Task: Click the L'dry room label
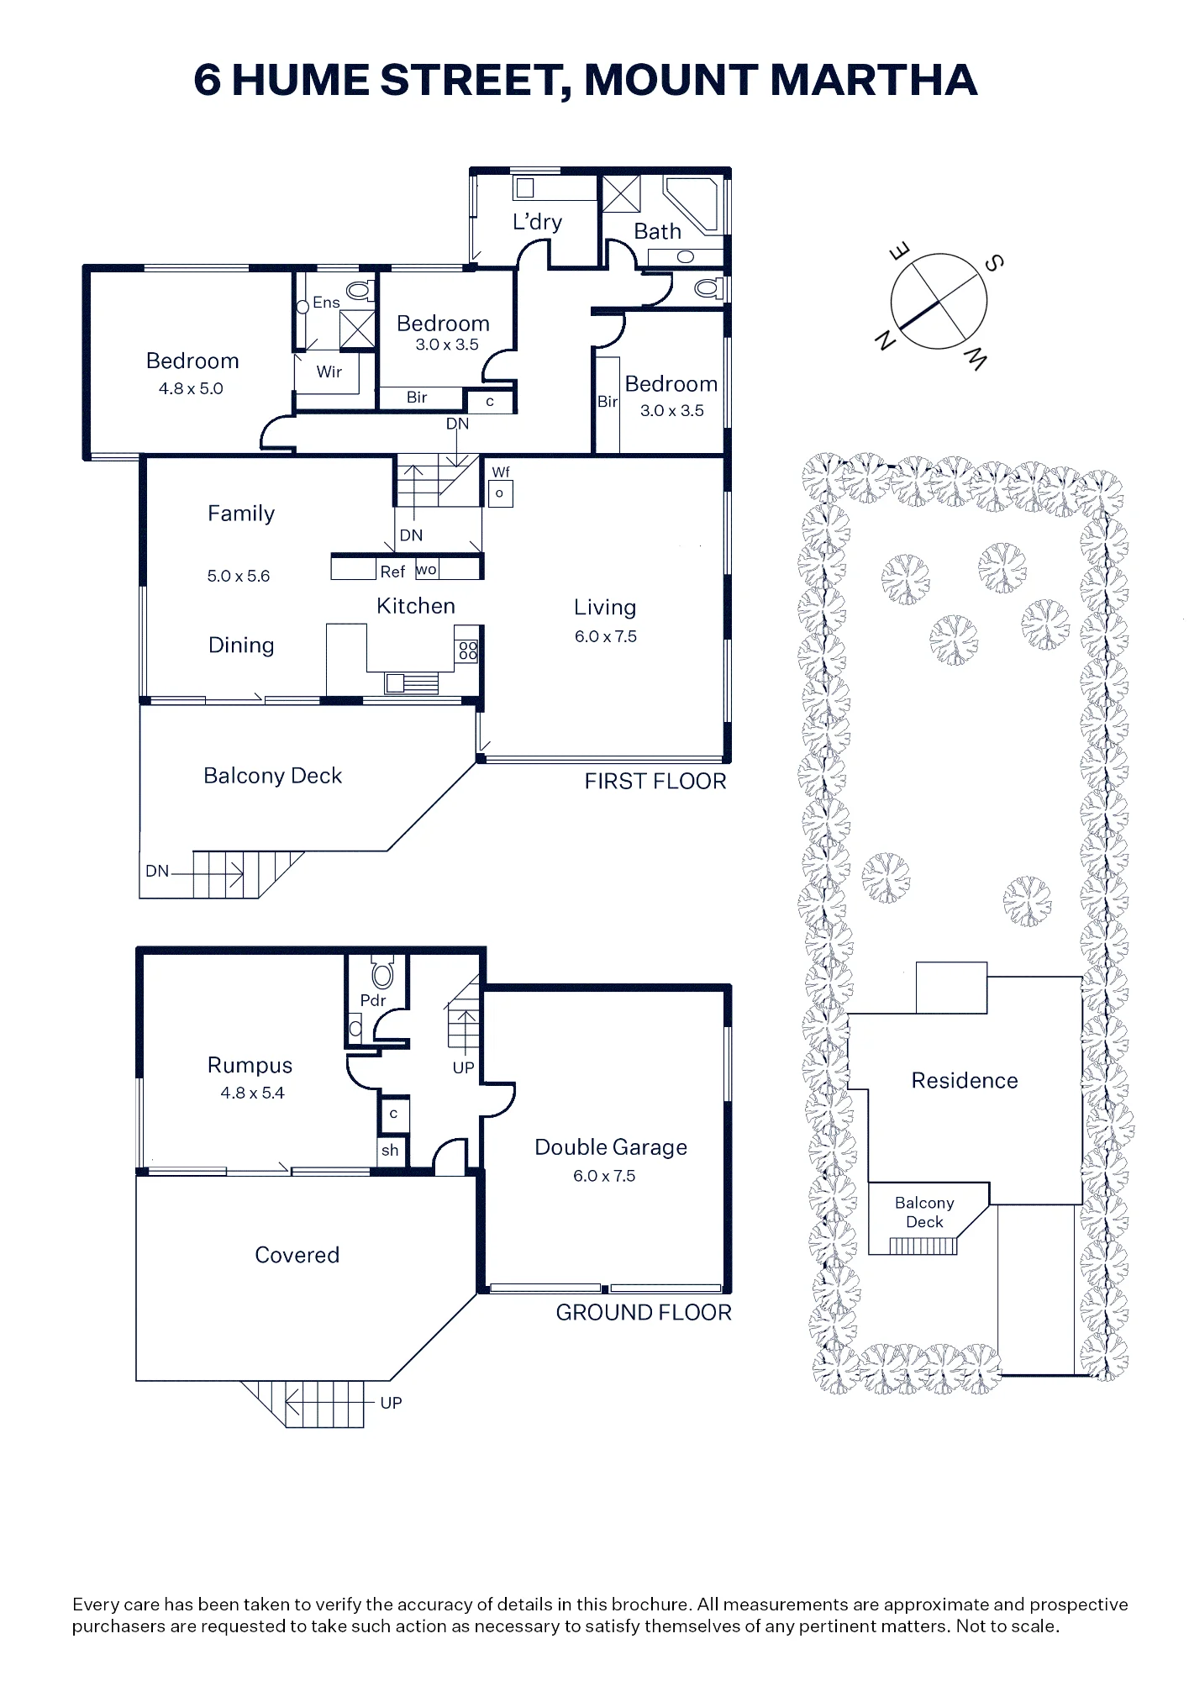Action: coord(537,222)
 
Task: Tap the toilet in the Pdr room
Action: coord(382,974)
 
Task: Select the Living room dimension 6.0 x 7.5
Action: coord(606,636)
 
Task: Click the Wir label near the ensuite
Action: coord(329,372)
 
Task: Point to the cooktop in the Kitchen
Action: coord(467,651)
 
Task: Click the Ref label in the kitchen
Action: coord(392,572)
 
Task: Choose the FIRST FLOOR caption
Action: coord(655,782)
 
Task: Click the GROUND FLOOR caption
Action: coord(644,1313)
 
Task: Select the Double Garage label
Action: coord(611,1147)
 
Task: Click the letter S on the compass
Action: coord(993,263)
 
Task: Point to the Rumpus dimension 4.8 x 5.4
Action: coord(252,1093)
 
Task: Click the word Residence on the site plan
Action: coord(965,1080)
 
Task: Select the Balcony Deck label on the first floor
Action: coord(273,776)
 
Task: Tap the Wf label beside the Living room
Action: coord(501,472)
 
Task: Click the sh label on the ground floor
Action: coord(390,1151)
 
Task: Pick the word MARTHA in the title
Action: coord(874,80)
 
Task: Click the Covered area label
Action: coord(297,1255)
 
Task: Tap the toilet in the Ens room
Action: coord(360,291)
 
